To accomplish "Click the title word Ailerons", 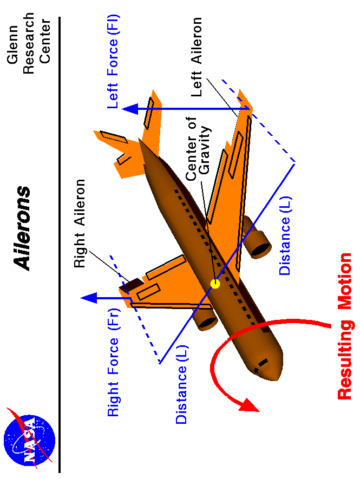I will click(x=23, y=228).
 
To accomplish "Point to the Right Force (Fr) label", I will click(x=113, y=370).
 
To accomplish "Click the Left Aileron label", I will click(x=196, y=57).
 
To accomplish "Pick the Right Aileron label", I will click(x=80, y=224).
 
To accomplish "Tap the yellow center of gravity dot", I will click(x=215, y=283).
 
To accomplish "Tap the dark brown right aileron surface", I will click(x=133, y=285).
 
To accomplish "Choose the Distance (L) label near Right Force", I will click(x=181, y=387).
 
